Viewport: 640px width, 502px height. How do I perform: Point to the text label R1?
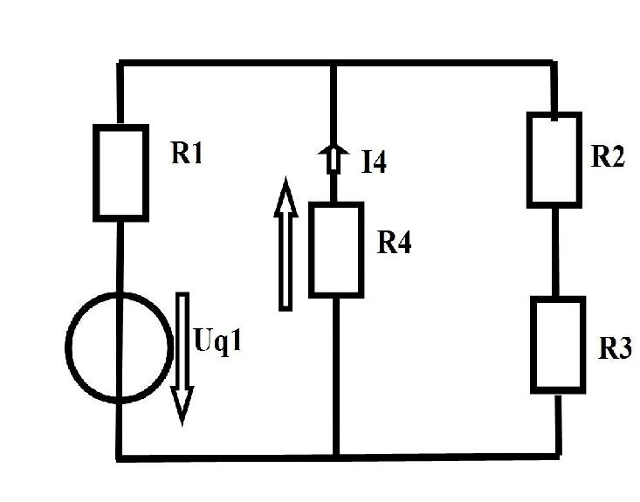tap(187, 154)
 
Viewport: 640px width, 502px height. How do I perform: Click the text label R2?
tap(608, 156)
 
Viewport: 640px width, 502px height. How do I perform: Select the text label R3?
tap(615, 348)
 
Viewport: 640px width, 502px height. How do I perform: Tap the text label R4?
tap(394, 243)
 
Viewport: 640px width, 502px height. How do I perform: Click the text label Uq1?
tap(218, 340)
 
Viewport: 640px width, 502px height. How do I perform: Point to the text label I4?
tap(374, 162)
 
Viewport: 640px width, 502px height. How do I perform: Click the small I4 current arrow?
tap(334, 159)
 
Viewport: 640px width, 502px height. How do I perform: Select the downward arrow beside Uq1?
tap(182, 359)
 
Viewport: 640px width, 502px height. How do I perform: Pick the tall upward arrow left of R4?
tap(286, 244)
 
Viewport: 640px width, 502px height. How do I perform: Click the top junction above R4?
tap(334, 64)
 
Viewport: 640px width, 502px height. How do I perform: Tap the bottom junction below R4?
tap(336, 457)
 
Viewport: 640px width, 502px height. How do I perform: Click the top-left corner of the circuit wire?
tap(120, 64)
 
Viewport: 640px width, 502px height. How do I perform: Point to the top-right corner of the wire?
tap(554, 64)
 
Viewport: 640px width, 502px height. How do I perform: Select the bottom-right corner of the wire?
tap(558, 455)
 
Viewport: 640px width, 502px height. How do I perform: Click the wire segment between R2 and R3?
tap(555, 252)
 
